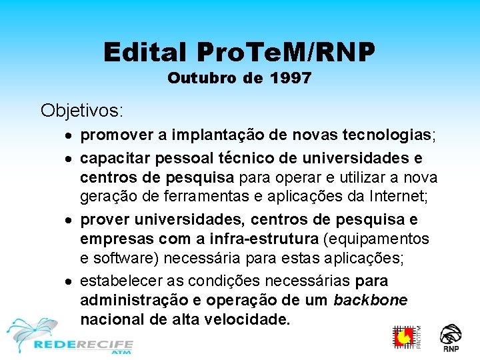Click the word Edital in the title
[x=145, y=52]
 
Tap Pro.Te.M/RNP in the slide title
[x=287, y=52]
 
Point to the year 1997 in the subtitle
[x=291, y=79]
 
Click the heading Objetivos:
[x=82, y=109]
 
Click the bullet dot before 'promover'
[x=70, y=137]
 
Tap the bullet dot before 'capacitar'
[x=70, y=159]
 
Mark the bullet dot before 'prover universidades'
[x=70, y=221]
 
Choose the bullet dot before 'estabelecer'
[x=70, y=281]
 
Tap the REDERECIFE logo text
[x=83, y=345]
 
